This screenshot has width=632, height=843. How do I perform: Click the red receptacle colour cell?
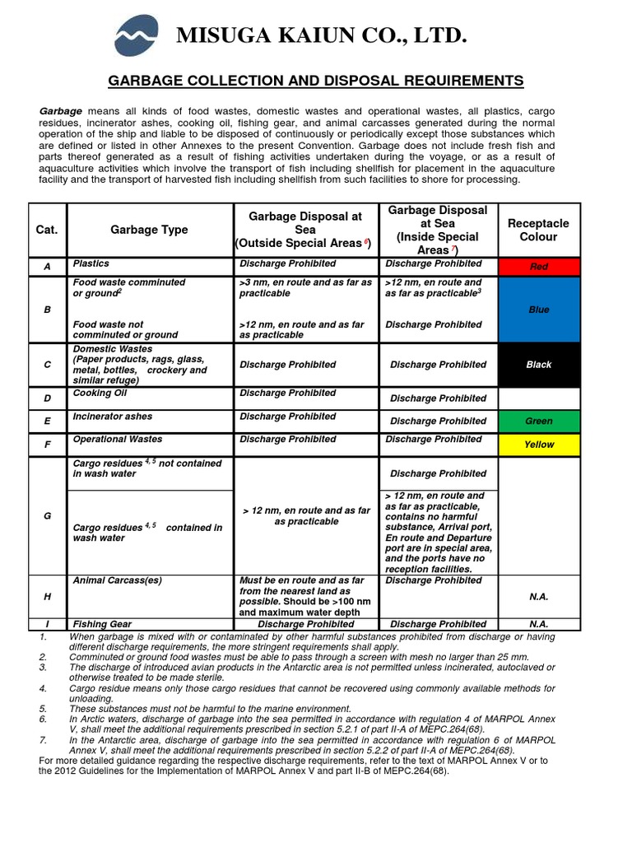[539, 267]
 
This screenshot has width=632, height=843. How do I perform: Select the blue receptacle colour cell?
[539, 310]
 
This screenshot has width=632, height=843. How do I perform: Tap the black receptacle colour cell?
[539, 365]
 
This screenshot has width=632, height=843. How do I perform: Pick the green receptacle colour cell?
[539, 421]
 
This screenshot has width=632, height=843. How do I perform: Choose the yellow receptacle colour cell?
[539, 445]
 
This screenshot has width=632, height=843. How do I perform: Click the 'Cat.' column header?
[47, 230]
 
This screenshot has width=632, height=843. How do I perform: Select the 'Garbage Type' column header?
[149, 230]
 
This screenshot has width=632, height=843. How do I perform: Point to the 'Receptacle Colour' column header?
[538, 230]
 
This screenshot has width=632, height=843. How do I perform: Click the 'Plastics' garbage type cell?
[91, 264]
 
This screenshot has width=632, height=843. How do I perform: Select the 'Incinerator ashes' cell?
[113, 417]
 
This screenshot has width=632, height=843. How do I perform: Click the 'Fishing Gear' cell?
[102, 625]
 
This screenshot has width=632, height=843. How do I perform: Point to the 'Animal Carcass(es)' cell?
[117, 580]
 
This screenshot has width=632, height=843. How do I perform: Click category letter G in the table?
[47, 516]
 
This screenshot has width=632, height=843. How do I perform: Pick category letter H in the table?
[47, 596]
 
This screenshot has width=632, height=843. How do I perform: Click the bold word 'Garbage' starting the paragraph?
[61, 110]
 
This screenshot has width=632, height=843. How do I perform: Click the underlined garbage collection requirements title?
[316, 81]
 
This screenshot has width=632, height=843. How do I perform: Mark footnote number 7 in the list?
[43, 740]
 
